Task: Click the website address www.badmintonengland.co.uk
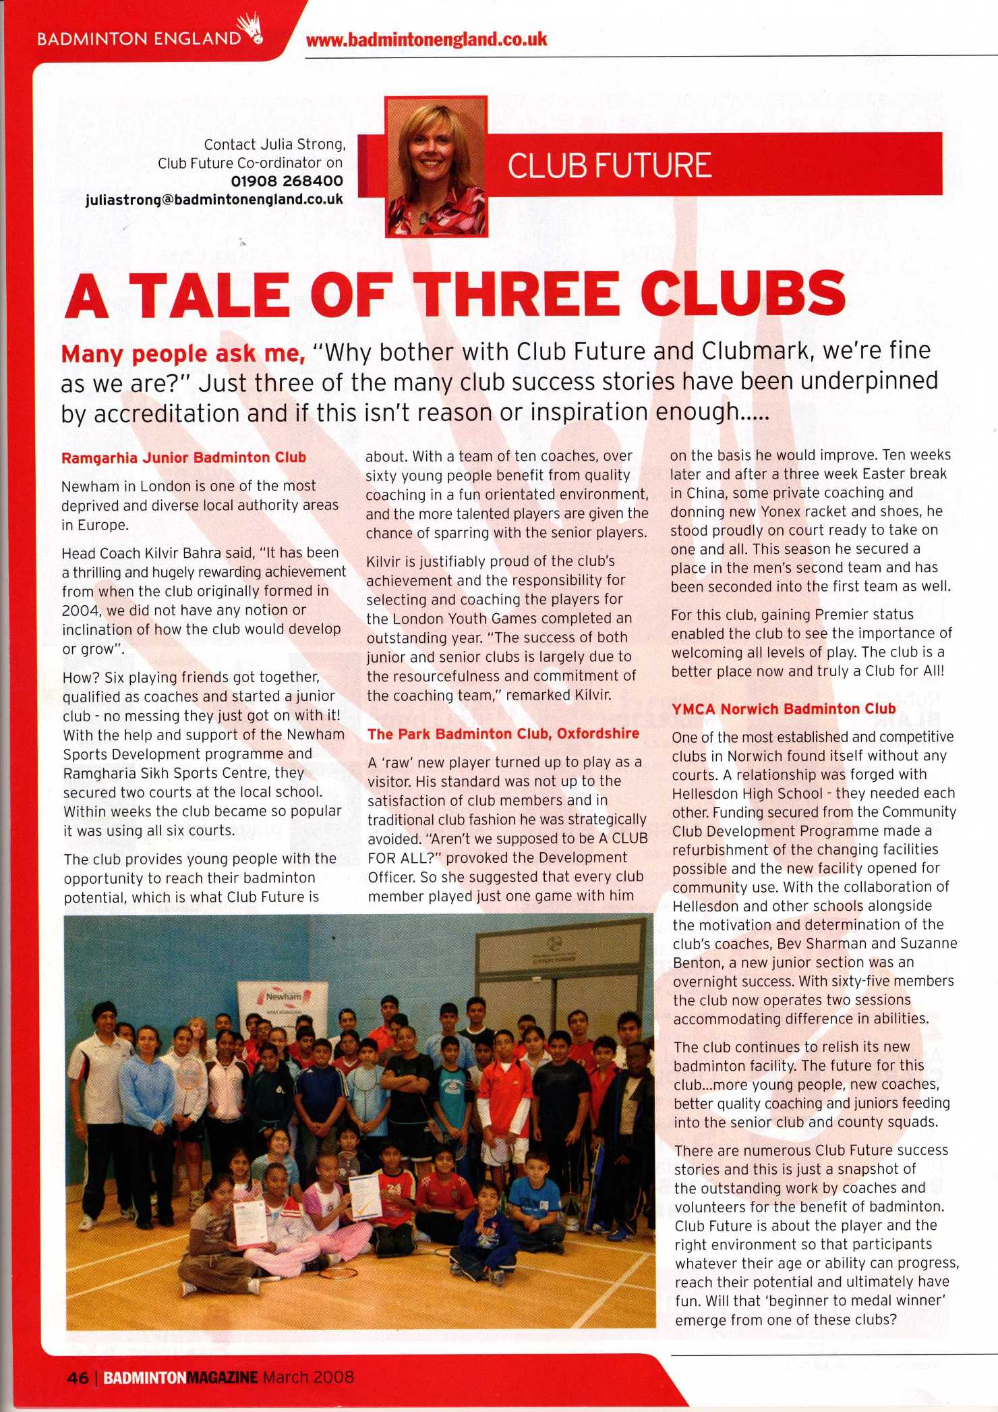(x=426, y=39)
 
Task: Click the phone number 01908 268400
(x=287, y=181)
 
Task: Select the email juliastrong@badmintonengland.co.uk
(x=214, y=200)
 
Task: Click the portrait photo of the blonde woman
(x=436, y=166)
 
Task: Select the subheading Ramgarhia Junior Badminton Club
(x=183, y=457)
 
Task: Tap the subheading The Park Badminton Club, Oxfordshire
(x=503, y=733)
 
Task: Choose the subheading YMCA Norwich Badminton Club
(x=784, y=708)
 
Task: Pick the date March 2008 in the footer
(x=308, y=1377)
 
